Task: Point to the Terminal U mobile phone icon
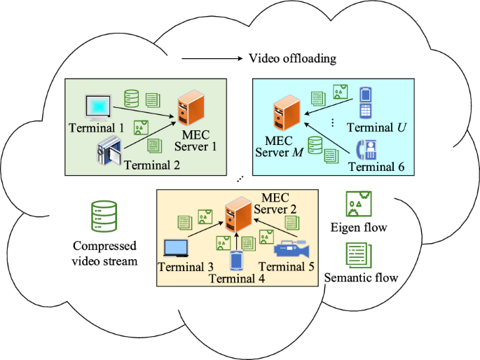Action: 365,103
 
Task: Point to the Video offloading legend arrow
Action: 211,59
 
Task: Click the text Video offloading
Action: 292,59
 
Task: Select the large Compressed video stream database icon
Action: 104,218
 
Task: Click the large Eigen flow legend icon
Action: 357,205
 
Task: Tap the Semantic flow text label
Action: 362,278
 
